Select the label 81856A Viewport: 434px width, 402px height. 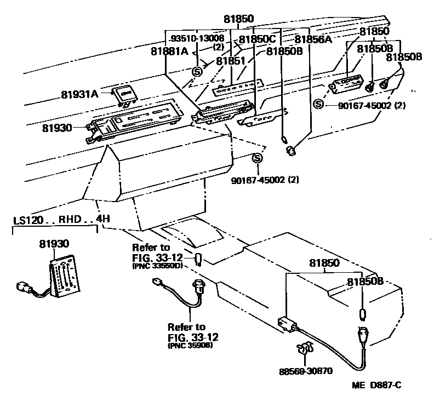tap(314, 39)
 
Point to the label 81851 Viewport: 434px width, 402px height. tap(231, 61)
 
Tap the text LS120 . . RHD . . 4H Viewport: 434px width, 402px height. tap(61, 220)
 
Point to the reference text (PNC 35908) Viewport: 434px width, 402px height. tap(190, 346)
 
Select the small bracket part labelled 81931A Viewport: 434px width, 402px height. tap(123, 95)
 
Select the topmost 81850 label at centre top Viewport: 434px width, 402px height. tap(238, 19)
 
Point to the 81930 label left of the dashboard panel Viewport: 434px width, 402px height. tap(57, 127)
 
